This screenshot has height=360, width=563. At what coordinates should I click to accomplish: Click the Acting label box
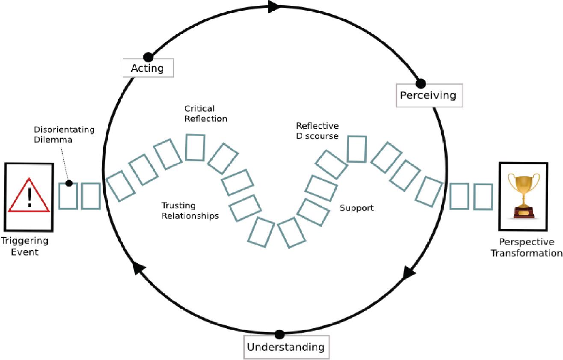click(148, 68)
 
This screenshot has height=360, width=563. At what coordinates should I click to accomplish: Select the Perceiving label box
click(427, 95)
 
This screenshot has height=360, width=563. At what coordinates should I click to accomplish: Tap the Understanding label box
click(285, 346)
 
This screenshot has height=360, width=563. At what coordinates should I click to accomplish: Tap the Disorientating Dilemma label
click(64, 134)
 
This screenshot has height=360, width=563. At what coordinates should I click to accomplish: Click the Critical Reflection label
click(205, 113)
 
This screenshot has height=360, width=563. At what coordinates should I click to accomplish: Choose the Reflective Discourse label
click(317, 131)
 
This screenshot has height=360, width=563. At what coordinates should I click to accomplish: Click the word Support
click(356, 208)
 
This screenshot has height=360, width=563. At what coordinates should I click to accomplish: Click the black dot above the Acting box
click(148, 57)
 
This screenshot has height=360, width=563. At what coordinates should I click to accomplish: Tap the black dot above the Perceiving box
click(421, 83)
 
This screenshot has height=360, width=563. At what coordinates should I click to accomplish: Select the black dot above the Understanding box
click(280, 334)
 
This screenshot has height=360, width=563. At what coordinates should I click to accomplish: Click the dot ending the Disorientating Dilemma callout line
click(68, 184)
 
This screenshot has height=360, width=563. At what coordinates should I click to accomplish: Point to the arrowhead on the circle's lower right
click(409, 271)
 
